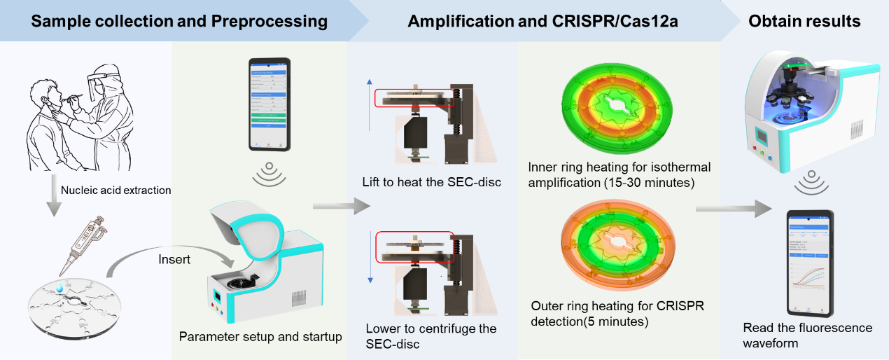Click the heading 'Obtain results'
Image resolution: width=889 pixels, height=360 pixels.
click(x=804, y=21)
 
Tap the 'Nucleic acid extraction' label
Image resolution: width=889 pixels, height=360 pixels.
click(x=115, y=190)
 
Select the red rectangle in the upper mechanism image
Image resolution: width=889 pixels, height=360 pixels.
click(x=414, y=98)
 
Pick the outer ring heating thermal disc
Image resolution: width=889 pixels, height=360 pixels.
click(x=614, y=250)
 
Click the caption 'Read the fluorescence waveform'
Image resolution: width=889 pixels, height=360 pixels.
click(x=808, y=335)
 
